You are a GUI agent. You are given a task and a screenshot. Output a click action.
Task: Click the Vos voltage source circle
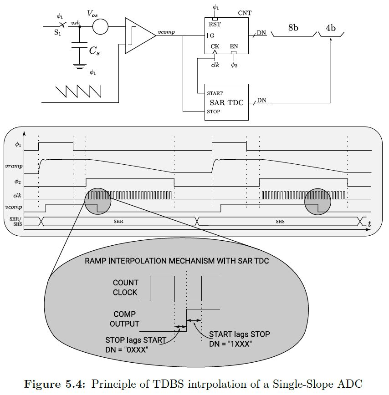101,27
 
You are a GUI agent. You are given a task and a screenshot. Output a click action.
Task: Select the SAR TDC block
227,102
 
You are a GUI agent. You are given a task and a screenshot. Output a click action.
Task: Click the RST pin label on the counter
215,24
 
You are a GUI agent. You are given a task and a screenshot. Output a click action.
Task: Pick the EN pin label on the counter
234,46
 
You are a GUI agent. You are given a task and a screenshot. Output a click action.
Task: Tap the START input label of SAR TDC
215,93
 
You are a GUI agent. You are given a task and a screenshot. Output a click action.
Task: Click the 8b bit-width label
293,28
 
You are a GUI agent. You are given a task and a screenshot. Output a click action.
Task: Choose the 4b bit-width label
331,28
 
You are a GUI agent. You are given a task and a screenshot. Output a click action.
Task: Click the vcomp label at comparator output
166,33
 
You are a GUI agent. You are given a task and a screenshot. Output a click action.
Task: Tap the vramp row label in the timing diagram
13,167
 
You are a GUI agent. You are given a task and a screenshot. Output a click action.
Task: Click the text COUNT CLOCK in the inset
125,288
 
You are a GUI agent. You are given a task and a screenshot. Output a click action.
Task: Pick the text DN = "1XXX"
231,344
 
